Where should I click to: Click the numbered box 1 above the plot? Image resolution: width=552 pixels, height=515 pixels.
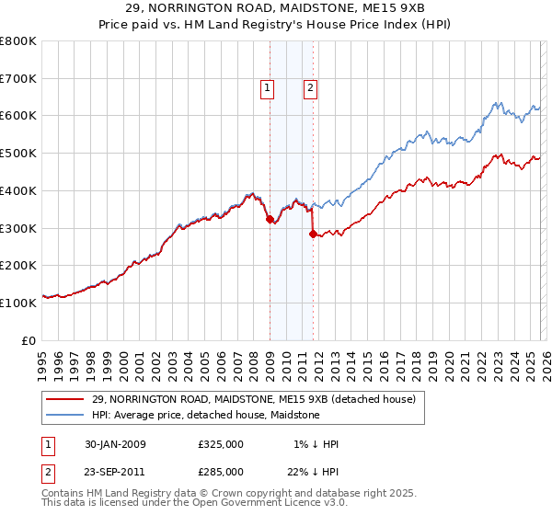click(x=267, y=88)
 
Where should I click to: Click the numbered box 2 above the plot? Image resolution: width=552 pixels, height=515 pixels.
click(x=310, y=88)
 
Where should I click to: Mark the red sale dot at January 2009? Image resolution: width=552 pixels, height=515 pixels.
click(x=270, y=219)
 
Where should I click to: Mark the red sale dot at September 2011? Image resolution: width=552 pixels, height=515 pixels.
click(x=313, y=234)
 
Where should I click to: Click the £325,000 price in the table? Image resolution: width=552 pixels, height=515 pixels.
click(x=221, y=444)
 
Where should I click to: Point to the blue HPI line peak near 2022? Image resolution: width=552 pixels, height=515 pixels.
click(x=496, y=102)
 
